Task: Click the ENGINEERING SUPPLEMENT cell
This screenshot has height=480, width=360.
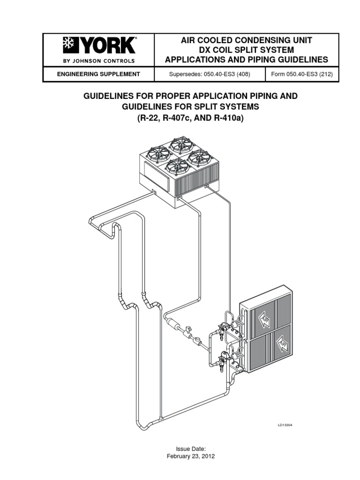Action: click(98, 74)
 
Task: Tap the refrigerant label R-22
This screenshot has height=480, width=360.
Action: click(148, 118)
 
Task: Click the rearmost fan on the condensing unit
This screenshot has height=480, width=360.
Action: click(182, 144)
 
